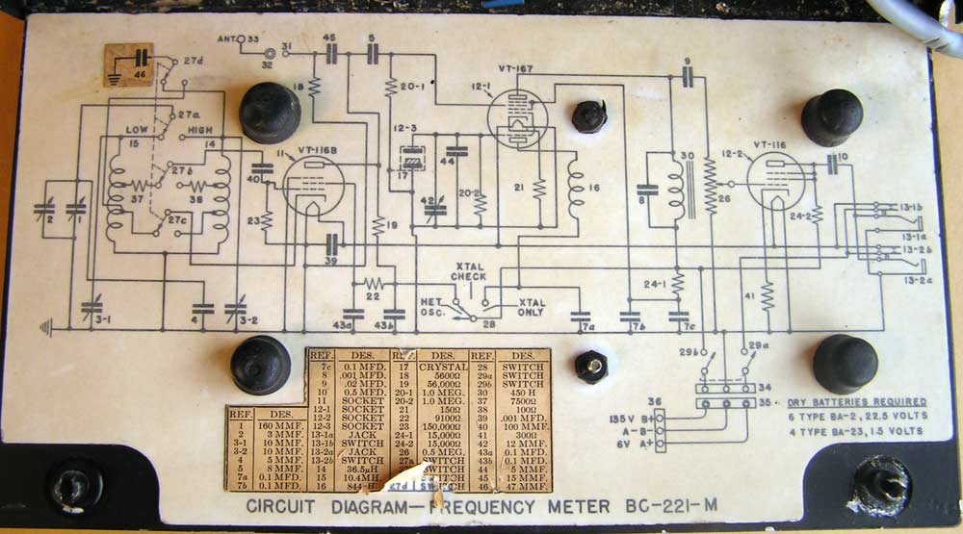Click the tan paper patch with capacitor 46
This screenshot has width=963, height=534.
128,63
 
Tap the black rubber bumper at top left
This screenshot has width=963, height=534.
269,113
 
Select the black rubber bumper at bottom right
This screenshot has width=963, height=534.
845,363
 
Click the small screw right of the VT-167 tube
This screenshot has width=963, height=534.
588,116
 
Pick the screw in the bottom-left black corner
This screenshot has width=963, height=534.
74,484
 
